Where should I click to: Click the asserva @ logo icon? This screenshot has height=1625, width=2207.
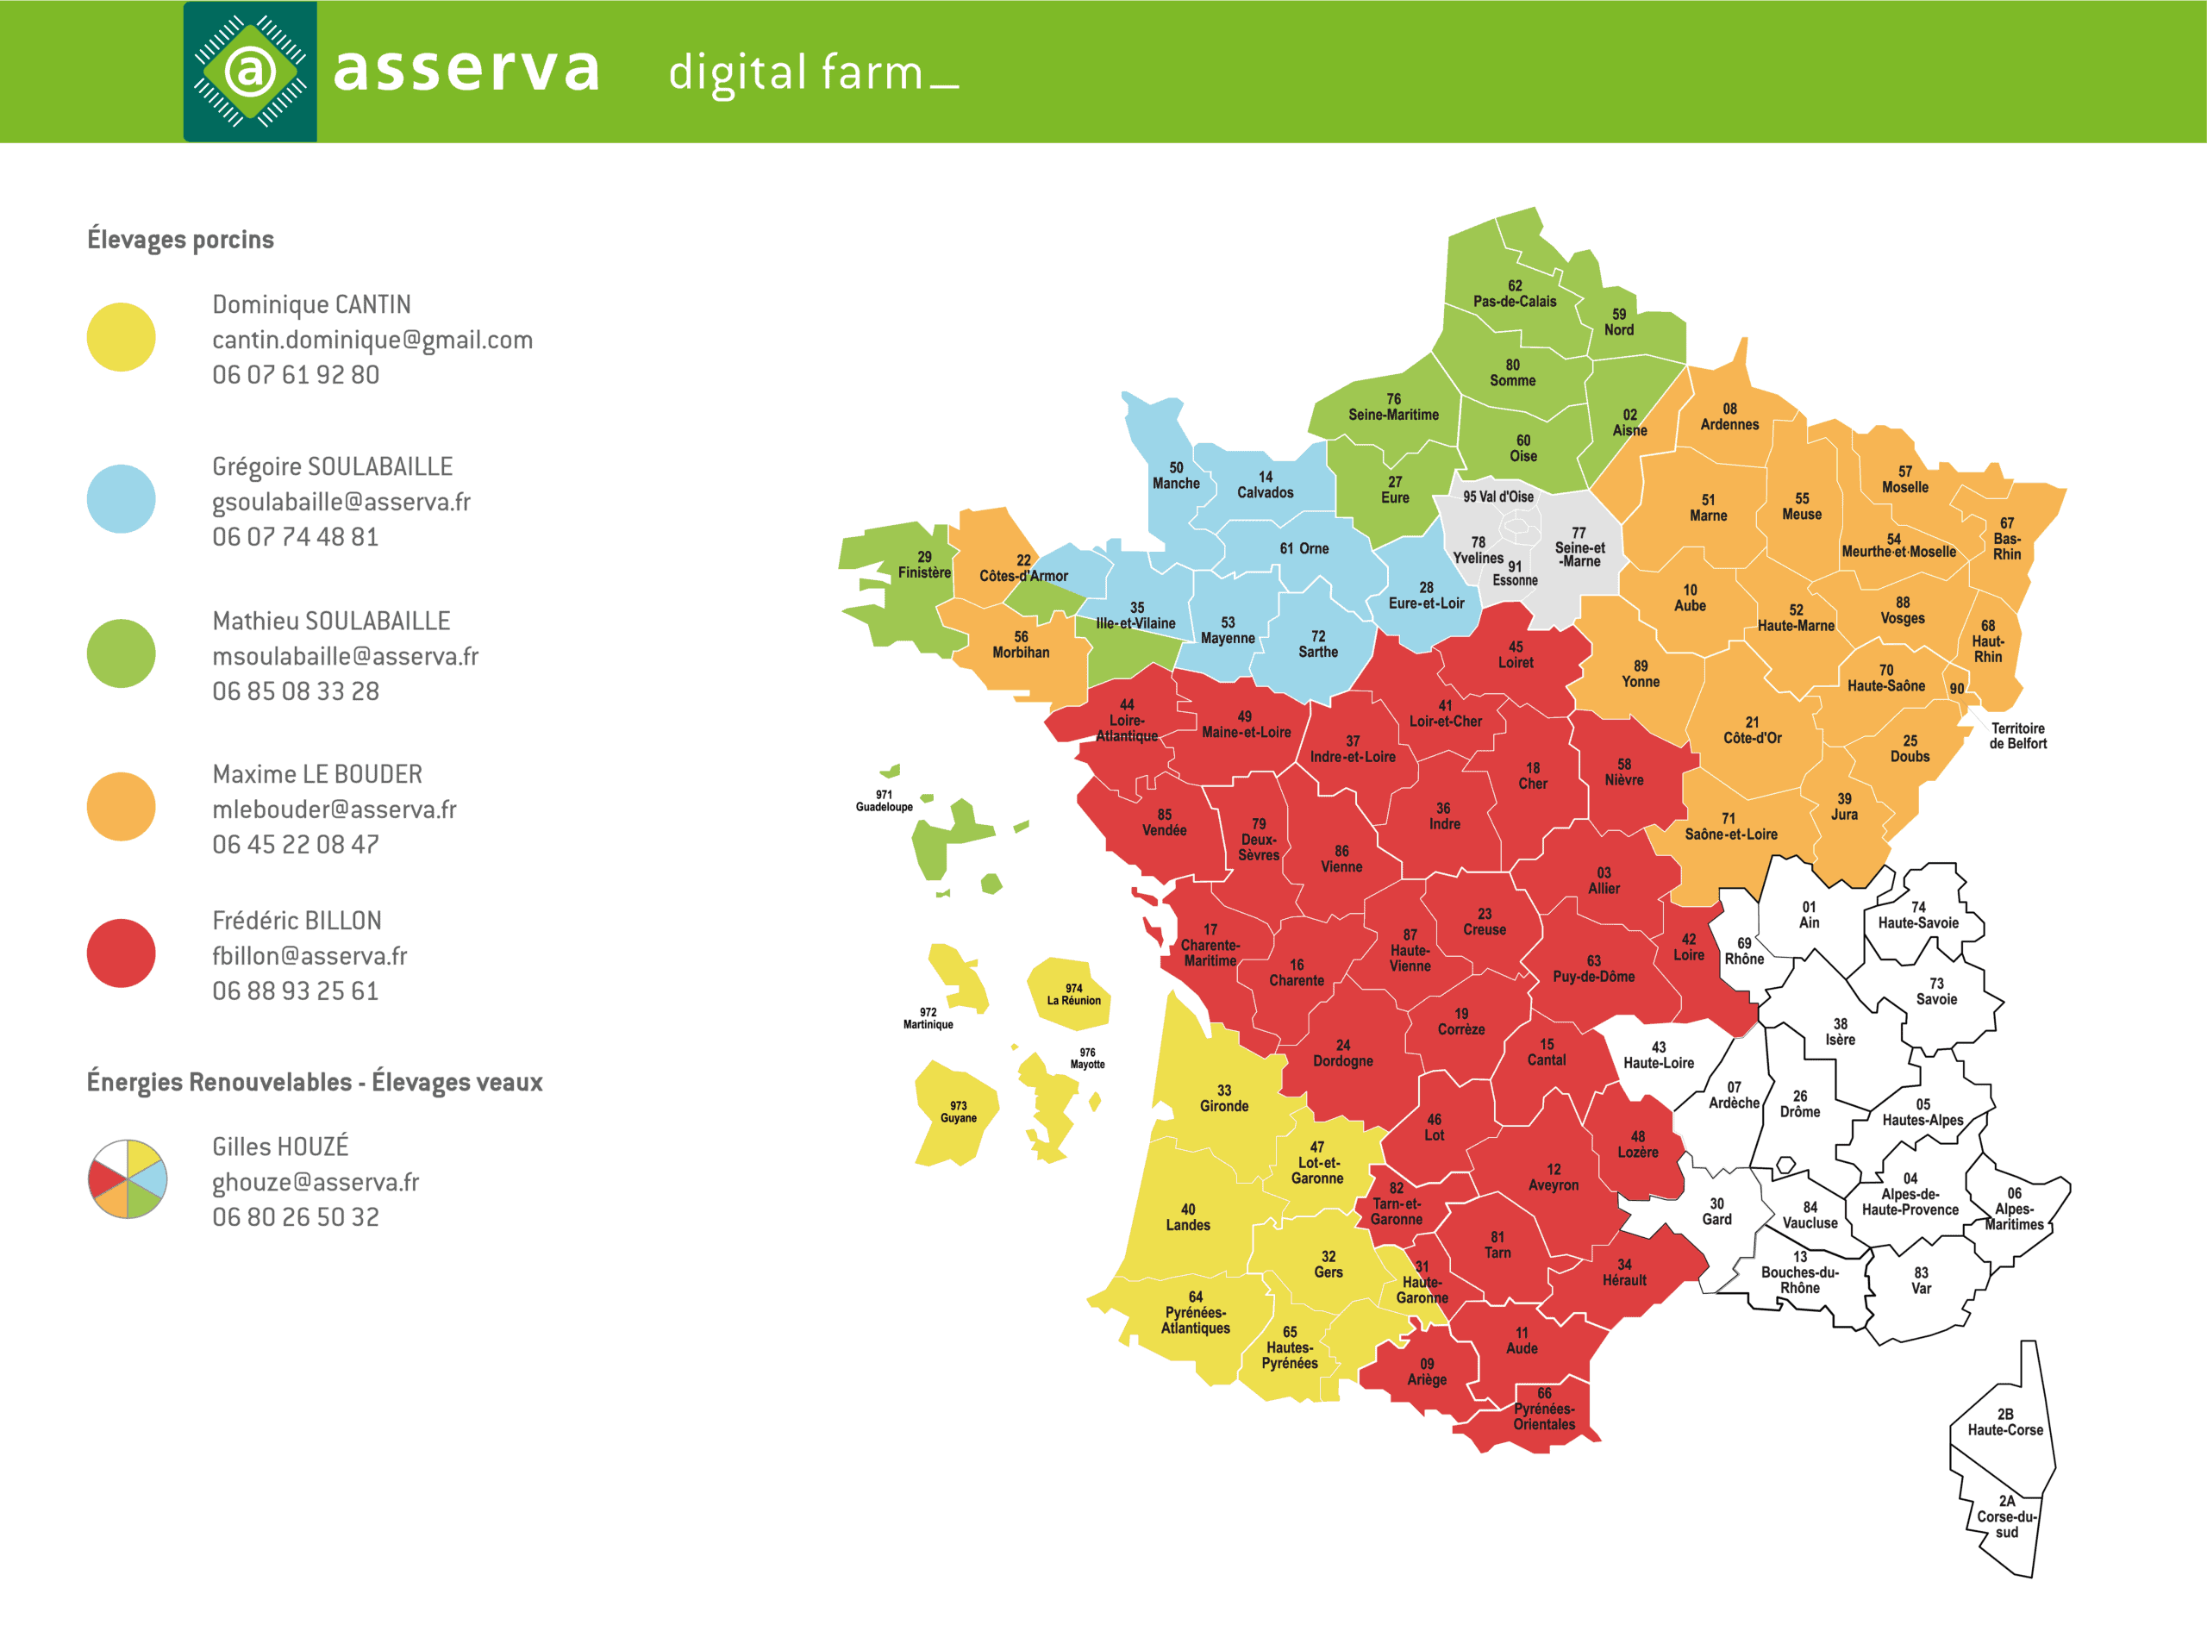point(250,71)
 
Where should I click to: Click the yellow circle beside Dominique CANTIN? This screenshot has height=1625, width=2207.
point(121,337)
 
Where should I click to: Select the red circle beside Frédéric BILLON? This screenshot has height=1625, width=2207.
point(121,953)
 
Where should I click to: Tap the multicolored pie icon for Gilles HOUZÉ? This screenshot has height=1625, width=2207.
point(128,1178)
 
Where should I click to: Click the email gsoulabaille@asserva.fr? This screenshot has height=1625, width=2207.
point(341,502)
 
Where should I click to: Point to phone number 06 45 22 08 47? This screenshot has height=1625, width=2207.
point(295,844)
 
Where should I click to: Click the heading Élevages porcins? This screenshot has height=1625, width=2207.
point(181,239)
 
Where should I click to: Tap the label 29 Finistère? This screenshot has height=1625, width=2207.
point(923,565)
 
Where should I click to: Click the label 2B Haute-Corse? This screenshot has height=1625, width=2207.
point(2004,1422)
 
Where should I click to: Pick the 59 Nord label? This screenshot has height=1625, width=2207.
point(1619,322)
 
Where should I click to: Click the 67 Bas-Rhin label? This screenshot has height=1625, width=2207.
point(2006,539)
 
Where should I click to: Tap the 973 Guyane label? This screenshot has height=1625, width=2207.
point(958,1111)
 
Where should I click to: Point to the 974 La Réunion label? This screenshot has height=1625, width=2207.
point(1073,995)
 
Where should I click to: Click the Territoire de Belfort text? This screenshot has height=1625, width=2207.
point(2017,735)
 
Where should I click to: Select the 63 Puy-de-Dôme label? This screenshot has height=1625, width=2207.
point(1593,969)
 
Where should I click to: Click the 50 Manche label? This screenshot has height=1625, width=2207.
point(1175,475)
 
